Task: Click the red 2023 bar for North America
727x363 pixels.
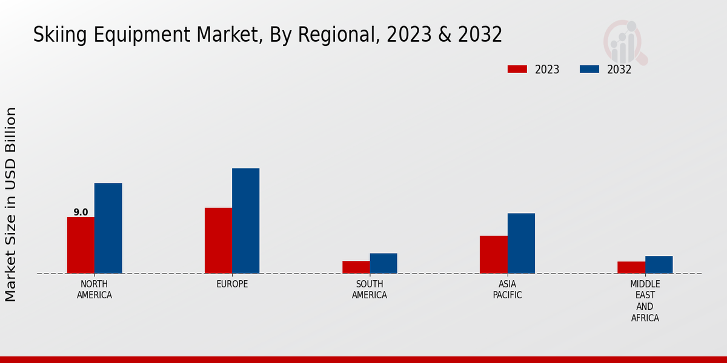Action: coord(81,245)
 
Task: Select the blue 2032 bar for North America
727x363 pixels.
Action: coord(108,228)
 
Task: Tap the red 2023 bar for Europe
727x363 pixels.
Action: coord(218,240)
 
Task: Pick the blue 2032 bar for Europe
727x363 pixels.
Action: coord(245,221)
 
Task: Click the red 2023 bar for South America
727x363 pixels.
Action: coord(356,267)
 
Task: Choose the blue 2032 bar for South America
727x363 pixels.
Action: coord(383,263)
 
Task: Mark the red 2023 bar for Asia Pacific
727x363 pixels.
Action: coord(493,254)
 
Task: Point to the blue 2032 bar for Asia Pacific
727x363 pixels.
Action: coord(521,243)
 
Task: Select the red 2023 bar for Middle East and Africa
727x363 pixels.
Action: coord(631,267)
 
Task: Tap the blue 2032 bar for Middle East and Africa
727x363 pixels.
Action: coord(659,264)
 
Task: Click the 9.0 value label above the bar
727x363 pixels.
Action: coord(81,212)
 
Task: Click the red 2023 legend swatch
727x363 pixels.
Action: coord(517,69)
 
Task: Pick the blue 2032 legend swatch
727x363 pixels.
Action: coord(589,69)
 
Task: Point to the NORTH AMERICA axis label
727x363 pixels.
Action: coord(94,290)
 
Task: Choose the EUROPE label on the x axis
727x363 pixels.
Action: coord(232,284)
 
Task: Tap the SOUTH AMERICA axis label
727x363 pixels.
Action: coord(370,290)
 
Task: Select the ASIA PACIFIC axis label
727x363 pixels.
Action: coord(507,290)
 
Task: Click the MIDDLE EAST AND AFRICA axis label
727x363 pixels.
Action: coord(645,301)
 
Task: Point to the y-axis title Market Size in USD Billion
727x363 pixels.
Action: coord(11,204)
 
